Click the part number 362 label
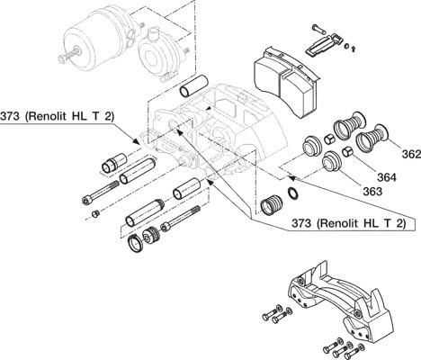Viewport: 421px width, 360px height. pos(411,154)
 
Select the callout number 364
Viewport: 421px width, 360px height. pos(387,177)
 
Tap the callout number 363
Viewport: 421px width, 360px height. pos(372,191)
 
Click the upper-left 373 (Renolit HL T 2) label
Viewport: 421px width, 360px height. pos(57,116)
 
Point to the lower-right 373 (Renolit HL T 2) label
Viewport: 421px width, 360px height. pos(348,223)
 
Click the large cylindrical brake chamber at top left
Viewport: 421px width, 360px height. pos(93,40)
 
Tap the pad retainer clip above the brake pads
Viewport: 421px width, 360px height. pos(324,44)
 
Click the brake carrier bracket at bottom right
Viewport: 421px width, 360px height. pos(339,300)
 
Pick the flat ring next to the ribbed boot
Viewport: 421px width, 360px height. pos(293,193)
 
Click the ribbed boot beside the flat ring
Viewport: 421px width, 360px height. pos(272,205)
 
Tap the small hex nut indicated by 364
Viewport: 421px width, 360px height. pos(347,152)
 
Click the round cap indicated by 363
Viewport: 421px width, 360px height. pos(332,162)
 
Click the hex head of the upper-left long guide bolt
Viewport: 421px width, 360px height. pos(86,200)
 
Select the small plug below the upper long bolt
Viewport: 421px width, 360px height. pos(95,214)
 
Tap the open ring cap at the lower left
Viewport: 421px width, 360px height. pos(135,243)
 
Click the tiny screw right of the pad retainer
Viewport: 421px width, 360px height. pos(354,49)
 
